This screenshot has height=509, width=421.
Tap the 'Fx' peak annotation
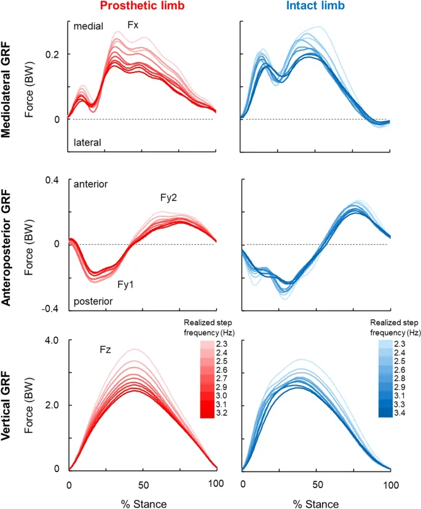click(133, 25)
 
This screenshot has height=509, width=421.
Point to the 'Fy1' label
click(127, 285)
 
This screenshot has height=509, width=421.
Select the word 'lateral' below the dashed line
click(87, 143)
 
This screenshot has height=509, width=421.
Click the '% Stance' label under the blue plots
click(316, 504)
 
